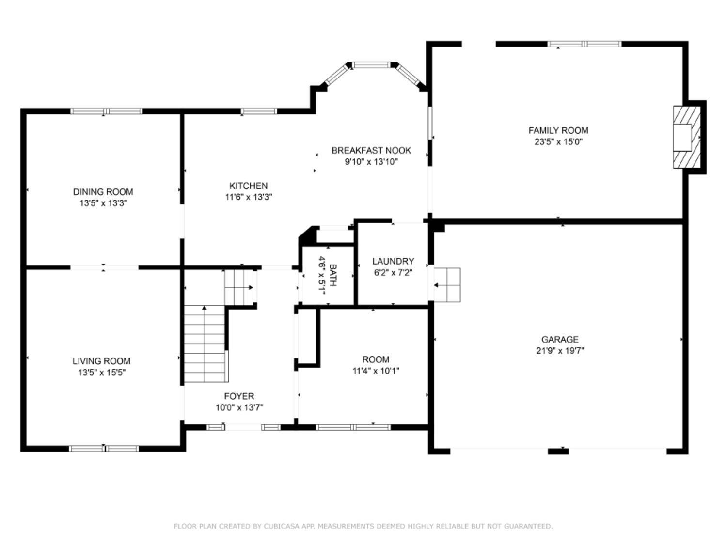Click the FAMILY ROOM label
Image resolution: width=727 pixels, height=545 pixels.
click(x=558, y=130)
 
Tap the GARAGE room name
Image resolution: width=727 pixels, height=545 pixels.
click(x=560, y=339)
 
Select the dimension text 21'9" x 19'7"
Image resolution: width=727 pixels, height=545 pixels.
click(x=560, y=350)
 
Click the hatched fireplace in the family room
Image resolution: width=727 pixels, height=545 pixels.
click(x=687, y=137)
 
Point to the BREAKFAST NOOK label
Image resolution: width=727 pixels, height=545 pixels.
click(x=371, y=151)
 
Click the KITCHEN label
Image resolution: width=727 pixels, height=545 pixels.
click(x=249, y=186)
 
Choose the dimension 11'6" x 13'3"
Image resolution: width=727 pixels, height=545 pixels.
click(x=249, y=197)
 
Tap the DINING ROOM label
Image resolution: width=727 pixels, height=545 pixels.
click(x=103, y=191)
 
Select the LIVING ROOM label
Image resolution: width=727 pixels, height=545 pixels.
click(x=101, y=361)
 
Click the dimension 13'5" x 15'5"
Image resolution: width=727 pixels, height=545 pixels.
click(x=102, y=372)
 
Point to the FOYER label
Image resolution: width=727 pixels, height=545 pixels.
click(x=239, y=396)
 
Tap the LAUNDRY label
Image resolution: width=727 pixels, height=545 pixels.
click(x=393, y=261)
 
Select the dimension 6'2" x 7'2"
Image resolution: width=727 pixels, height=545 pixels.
click(x=393, y=273)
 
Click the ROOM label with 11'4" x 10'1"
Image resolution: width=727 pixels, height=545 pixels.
click(x=376, y=359)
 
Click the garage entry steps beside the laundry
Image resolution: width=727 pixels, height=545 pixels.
click(x=447, y=285)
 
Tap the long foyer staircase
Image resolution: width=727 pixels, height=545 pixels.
click(x=205, y=344)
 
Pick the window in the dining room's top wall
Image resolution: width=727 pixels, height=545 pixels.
click(x=107, y=111)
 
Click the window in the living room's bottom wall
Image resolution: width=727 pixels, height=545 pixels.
click(x=104, y=449)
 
